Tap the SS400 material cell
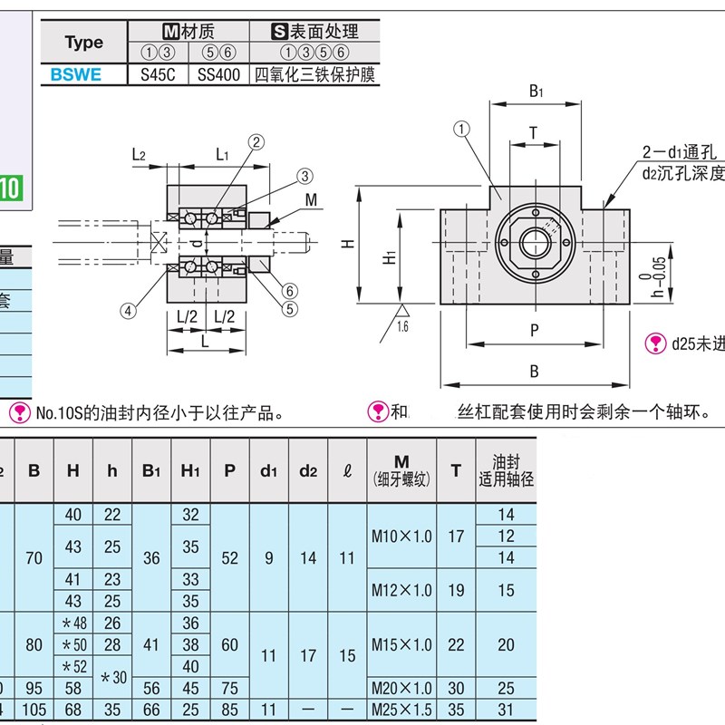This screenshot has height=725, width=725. point(218,75)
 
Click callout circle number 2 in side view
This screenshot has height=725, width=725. point(256,141)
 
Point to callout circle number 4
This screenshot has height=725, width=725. point(129,310)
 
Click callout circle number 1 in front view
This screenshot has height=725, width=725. point(462,130)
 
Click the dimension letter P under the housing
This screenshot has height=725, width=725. point(534,332)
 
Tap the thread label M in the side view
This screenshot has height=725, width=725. point(311,198)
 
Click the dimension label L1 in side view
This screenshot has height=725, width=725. point(222,155)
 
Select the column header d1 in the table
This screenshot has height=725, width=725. point(268,469)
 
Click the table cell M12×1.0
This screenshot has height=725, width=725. point(401,590)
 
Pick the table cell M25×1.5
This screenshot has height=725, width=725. point(401,708)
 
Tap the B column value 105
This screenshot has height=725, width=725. point(34,708)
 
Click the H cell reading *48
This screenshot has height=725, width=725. point(73,623)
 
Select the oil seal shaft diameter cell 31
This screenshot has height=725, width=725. point(506,708)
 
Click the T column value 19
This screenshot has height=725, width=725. point(456,590)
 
